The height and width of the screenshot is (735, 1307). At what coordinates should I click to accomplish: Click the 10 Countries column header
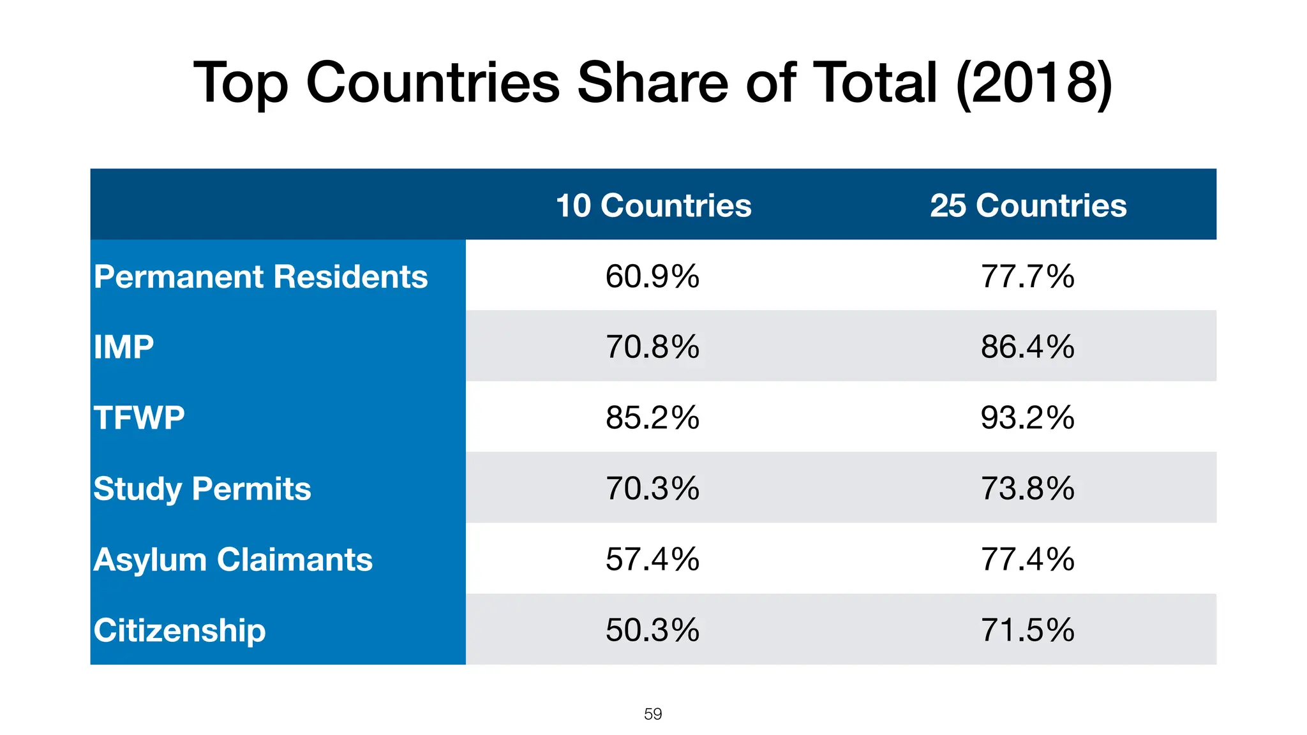pos(653,205)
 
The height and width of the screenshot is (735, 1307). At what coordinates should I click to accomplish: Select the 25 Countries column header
pos(1028,205)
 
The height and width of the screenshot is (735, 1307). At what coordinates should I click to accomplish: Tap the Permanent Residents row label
pos(260,277)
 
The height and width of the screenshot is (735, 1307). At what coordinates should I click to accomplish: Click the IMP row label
pos(124,347)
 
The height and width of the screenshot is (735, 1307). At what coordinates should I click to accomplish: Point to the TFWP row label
pos(139,418)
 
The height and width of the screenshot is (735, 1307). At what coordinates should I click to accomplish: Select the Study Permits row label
pos(202,489)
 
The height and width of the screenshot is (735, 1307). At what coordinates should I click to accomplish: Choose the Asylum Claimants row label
pos(233,560)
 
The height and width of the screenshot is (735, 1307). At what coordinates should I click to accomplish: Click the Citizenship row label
pos(179,630)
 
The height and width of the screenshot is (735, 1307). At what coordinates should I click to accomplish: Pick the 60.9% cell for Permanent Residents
pos(652,277)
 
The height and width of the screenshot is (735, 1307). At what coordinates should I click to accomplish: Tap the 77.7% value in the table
pos(1027,277)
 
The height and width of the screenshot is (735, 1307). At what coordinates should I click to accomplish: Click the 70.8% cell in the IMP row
pos(652,347)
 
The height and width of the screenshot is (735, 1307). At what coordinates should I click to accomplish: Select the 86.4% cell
pos(1027,347)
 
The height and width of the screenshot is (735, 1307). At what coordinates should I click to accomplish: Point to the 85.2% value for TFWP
pos(652,418)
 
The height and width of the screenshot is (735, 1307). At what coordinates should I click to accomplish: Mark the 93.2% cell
pos(1027,418)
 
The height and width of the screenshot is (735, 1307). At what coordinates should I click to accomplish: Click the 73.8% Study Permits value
pos(1027,489)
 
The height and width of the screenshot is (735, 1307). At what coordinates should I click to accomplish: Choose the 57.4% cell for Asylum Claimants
pos(652,560)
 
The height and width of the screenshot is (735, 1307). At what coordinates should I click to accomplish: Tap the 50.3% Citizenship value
pos(652,630)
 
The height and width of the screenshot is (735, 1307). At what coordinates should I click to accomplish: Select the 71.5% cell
pos(1027,630)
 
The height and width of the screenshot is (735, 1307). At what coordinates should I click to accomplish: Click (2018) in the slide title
pos(1034,83)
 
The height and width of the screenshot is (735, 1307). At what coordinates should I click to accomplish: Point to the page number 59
pos(653,714)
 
